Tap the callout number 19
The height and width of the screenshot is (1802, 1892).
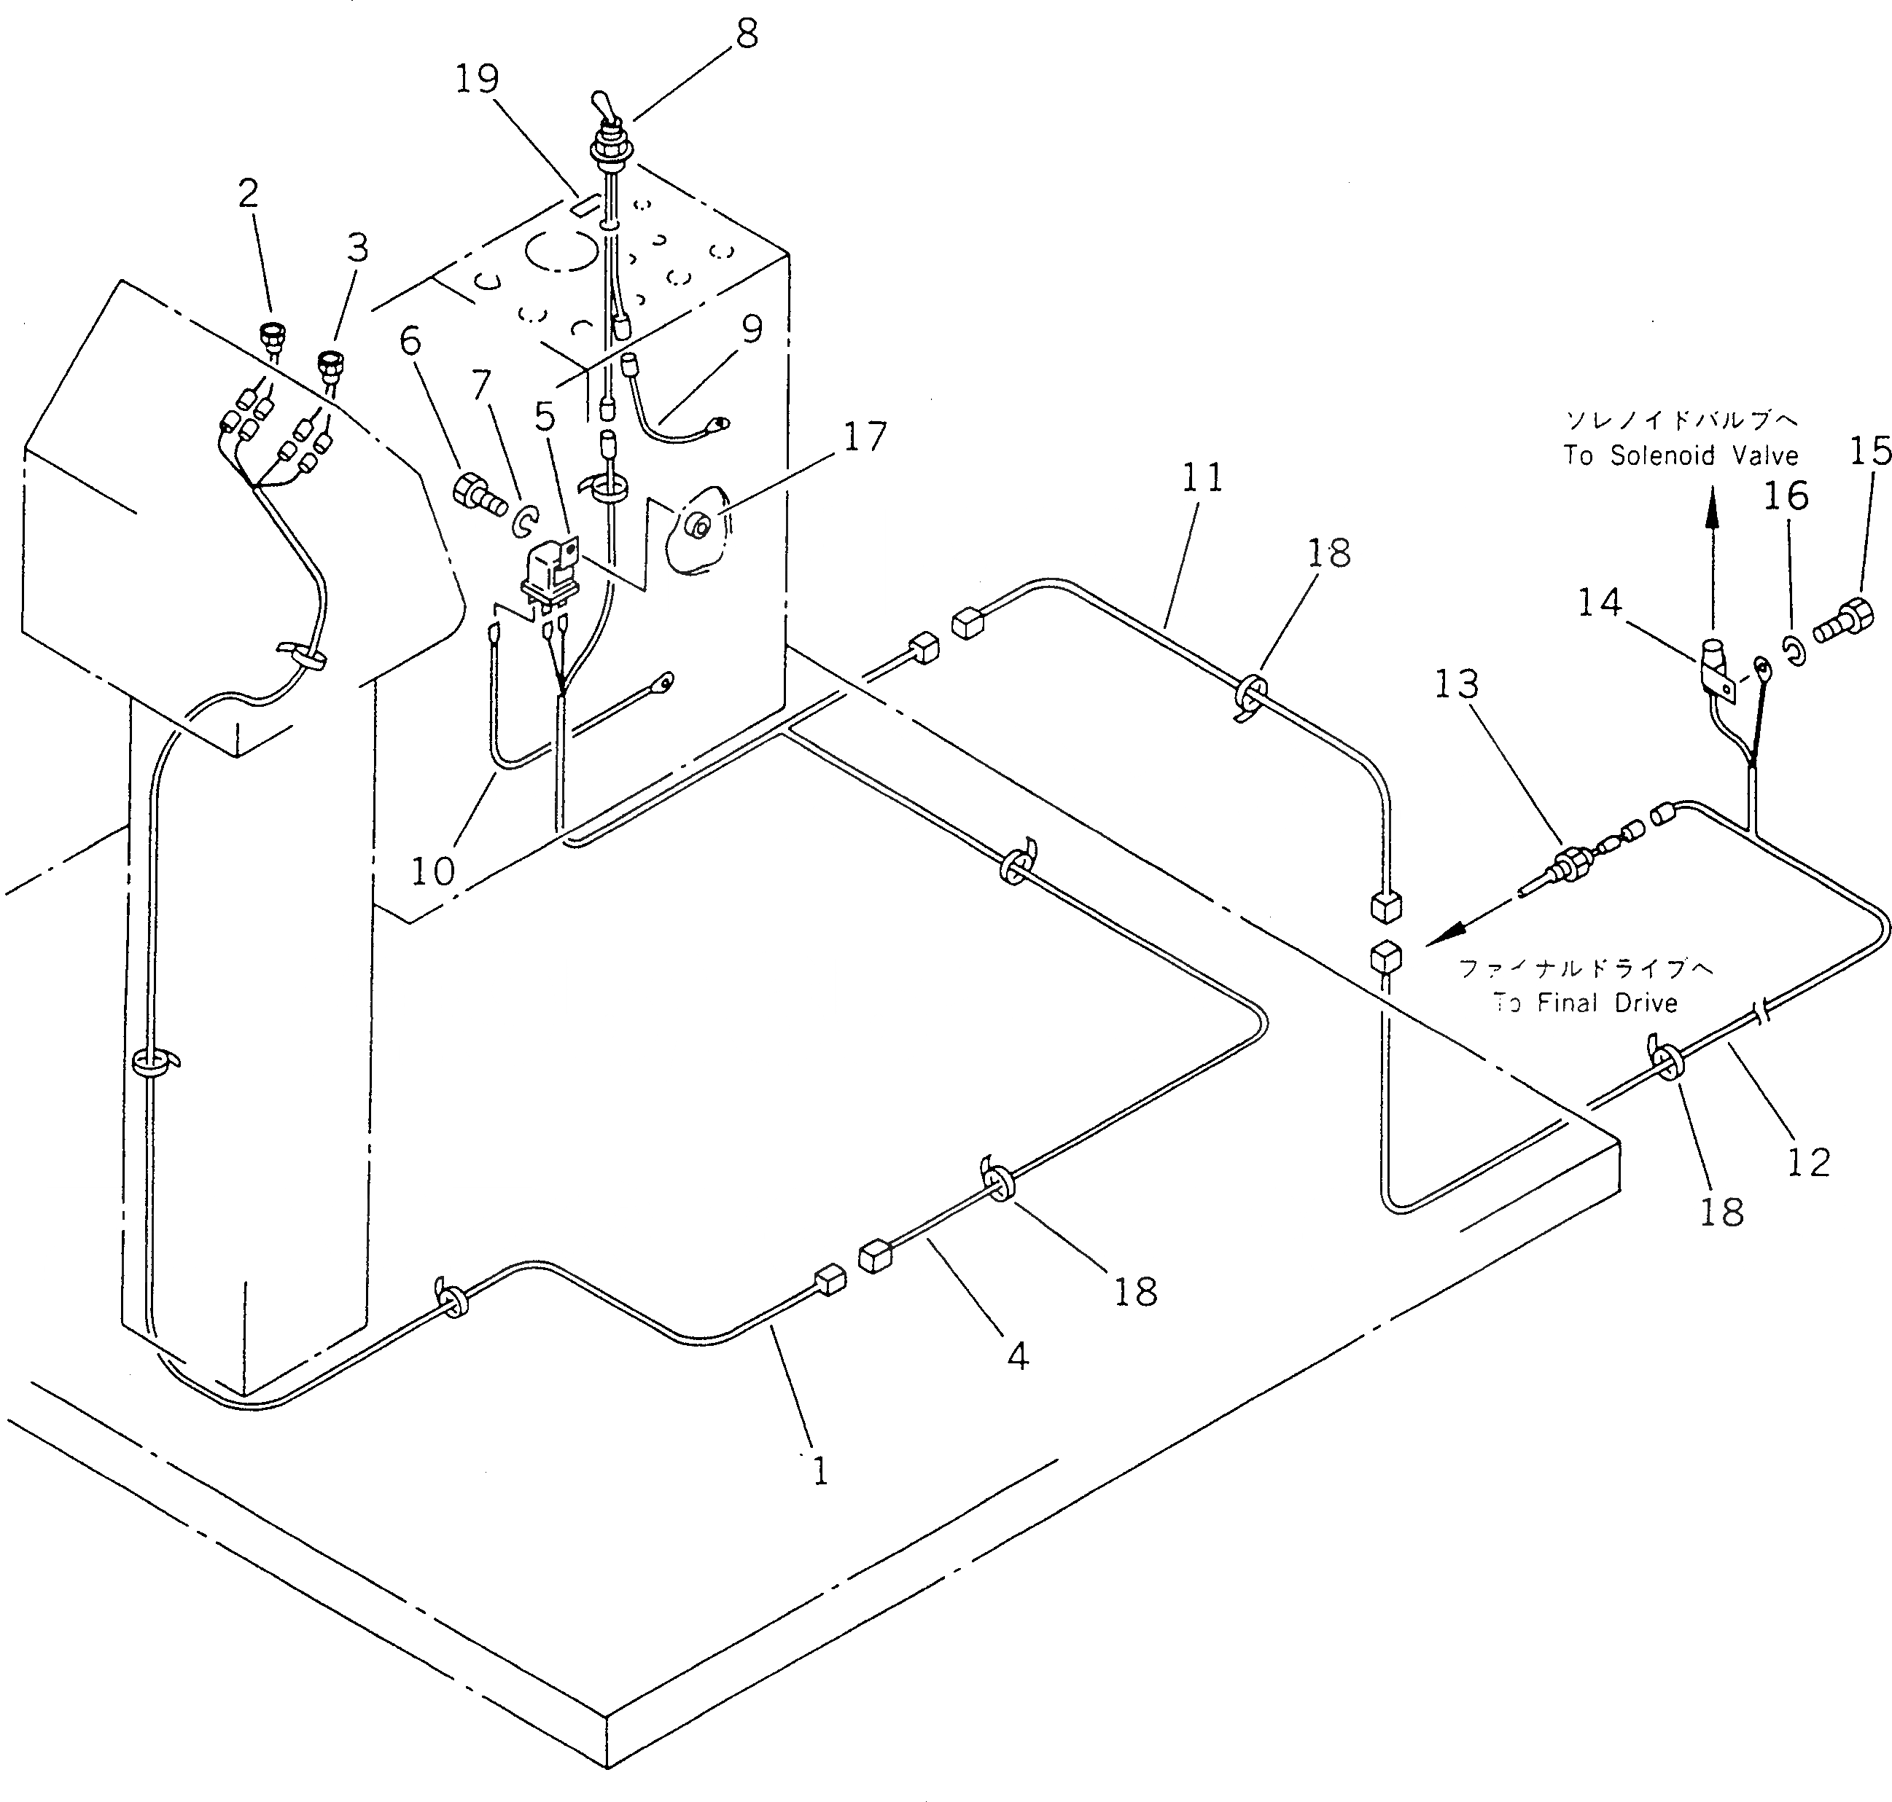point(478,79)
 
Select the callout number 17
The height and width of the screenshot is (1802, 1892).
point(864,437)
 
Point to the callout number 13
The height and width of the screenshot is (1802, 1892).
point(1457,685)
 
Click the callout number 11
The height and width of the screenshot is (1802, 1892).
point(1202,477)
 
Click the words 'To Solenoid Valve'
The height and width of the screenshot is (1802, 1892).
point(1681,455)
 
